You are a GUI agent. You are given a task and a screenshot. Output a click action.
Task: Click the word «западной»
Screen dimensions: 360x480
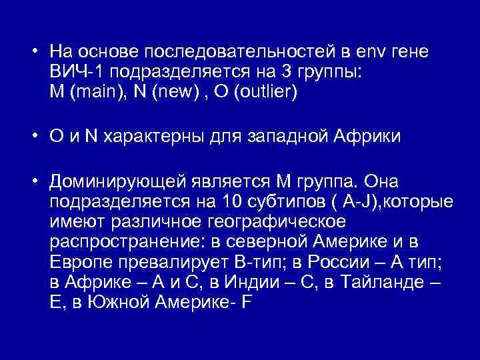[291, 138]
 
